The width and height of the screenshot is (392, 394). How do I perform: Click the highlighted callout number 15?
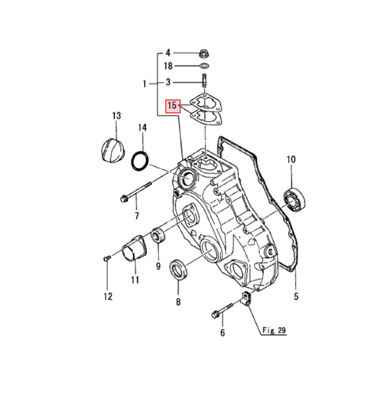click(x=172, y=107)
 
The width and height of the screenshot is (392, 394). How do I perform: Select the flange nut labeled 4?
click(x=205, y=53)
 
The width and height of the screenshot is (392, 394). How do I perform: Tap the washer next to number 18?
click(x=205, y=66)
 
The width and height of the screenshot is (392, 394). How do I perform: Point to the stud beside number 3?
click(x=204, y=80)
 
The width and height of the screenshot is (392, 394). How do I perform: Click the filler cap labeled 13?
click(x=113, y=150)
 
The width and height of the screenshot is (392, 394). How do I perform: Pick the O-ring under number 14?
click(x=140, y=161)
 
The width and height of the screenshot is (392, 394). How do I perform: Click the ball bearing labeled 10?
click(x=295, y=200)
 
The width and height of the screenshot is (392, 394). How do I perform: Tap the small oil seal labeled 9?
click(x=158, y=235)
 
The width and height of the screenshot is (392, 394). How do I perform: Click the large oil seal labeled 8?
click(x=178, y=269)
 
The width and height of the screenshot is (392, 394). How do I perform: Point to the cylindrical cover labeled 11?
click(x=134, y=249)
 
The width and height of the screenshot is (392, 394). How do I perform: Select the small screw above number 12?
click(x=107, y=258)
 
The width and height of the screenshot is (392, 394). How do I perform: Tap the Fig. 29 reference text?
click(x=274, y=330)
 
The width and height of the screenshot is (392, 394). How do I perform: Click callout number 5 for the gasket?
click(x=296, y=297)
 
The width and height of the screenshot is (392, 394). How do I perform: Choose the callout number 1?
click(x=144, y=84)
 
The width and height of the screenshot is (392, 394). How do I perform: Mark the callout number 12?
click(x=108, y=297)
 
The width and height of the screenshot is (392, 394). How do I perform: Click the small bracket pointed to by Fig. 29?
click(x=245, y=298)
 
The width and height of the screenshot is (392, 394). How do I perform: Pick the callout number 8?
click(x=178, y=302)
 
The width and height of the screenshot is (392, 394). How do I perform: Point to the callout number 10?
click(x=291, y=159)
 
